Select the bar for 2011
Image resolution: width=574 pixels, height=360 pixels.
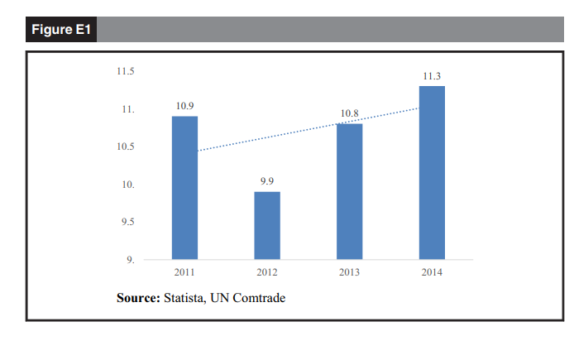[x=184, y=188]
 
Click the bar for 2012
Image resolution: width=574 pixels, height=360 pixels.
[x=267, y=226]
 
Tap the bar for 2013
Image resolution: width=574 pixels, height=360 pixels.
[x=350, y=191]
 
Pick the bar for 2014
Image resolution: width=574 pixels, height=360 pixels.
[x=432, y=173]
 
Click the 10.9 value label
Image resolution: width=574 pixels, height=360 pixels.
[x=184, y=107]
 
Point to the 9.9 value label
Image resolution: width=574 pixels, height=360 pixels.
[x=267, y=181]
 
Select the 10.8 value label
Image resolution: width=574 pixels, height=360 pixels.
[x=350, y=113]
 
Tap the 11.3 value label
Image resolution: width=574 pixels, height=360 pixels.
[x=432, y=76]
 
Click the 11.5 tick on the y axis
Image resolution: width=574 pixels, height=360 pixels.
[x=126, y=72]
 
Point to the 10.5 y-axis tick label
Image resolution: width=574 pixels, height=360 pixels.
[x=126, y=147]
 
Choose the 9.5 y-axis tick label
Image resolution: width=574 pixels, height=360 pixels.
[x=126, y=223]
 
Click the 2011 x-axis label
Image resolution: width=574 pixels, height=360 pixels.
[x=184, y=272]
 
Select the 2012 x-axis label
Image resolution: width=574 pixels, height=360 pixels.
[x=267, y=272]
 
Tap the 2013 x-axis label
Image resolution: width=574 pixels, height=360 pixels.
[x=350, y=272]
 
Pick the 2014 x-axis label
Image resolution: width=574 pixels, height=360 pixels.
[x=432, y=272]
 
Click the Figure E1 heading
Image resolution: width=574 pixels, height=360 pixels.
[x=63, y=31]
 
